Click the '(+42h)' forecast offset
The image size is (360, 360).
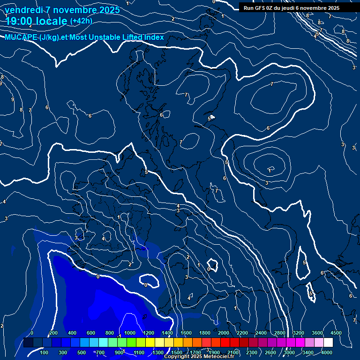coord(81,21)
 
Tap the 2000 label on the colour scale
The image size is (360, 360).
coord(224,333)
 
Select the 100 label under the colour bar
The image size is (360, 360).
coord(45,352)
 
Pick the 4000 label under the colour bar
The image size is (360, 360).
coord(327,352)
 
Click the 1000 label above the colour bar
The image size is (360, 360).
coord(130,333)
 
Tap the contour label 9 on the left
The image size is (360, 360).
coord(13,99)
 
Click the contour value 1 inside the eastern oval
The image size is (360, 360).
coord(270,170)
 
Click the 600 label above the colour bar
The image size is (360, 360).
coord(91,333)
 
